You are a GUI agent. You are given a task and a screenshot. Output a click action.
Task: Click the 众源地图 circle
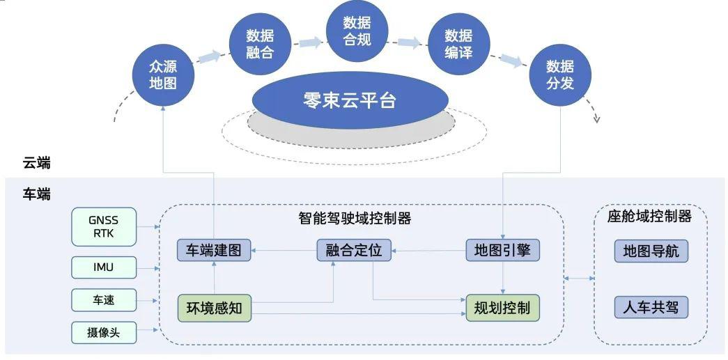click(x=163, y=75)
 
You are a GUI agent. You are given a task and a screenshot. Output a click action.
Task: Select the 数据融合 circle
click(x=260, y=44)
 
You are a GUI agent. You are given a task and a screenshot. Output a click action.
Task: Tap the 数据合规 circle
click(x=357, y=31)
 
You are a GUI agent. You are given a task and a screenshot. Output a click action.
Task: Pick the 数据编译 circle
click(x=458, y=44)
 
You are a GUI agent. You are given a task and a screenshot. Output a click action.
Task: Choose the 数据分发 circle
click(x=560, y=75)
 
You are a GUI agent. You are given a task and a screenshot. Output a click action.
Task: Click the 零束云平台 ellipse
click(x=350, y=100)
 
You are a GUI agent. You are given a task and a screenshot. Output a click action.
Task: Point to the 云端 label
click(x=37, y=163)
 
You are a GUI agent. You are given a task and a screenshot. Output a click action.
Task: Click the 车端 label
click(x=37, y=194)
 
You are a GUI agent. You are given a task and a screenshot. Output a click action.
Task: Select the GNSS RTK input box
click(x=104, y=226)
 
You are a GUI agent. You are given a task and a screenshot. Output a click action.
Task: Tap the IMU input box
click(x=104, y=267)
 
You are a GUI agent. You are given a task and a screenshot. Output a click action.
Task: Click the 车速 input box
click(x=104, y=300)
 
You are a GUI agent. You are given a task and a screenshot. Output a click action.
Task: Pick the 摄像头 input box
click(x=104, y=333)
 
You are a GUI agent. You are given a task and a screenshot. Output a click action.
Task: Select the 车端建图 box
click(x=214, y=251)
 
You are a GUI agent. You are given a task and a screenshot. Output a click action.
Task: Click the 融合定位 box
click(x=355, y=251)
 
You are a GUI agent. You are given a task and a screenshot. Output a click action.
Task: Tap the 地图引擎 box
click(x=503, y=251)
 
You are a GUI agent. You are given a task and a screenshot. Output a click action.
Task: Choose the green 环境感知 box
click(x=214, y=308)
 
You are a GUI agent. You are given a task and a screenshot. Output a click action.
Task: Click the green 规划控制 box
click(x=503, y=308)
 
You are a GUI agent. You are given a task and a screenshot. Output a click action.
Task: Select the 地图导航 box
click(x=651, y=251)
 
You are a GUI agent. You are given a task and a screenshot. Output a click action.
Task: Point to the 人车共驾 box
click(x=651, y=307)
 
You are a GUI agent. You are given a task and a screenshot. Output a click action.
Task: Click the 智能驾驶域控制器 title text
click(x=355, y=218)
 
